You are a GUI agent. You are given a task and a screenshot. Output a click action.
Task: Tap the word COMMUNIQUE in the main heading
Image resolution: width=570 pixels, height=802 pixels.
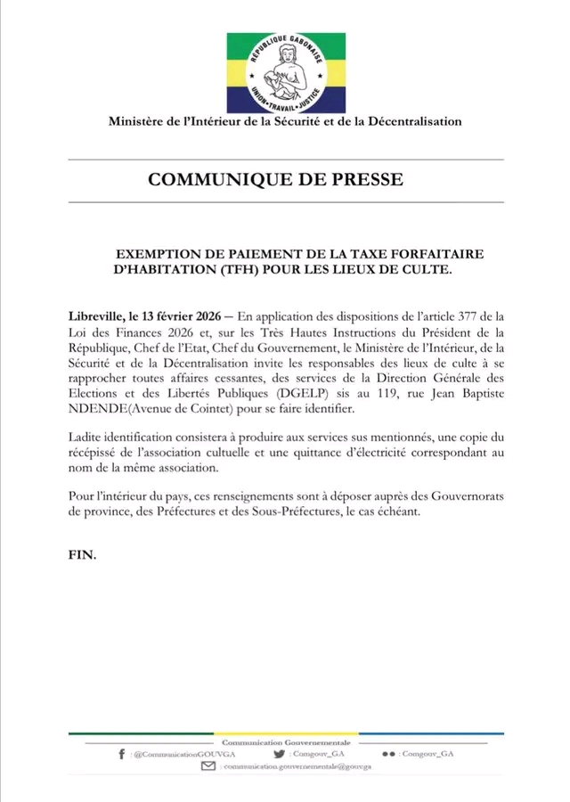213,179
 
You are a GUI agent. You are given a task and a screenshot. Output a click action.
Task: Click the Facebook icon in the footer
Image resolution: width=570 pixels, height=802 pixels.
121,754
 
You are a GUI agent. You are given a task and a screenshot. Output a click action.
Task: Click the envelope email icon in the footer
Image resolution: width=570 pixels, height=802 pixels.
208,765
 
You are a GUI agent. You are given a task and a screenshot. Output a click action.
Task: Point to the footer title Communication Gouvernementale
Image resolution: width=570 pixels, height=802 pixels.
285,741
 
